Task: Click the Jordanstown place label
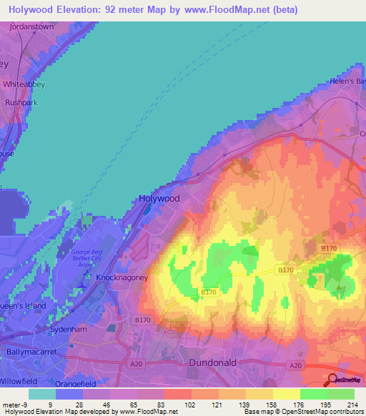(x=31, y=26)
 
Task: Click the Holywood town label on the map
(x=158, y=198)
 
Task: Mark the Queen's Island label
(x=22, y=305)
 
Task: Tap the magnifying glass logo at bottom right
(x=333, y=380)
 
